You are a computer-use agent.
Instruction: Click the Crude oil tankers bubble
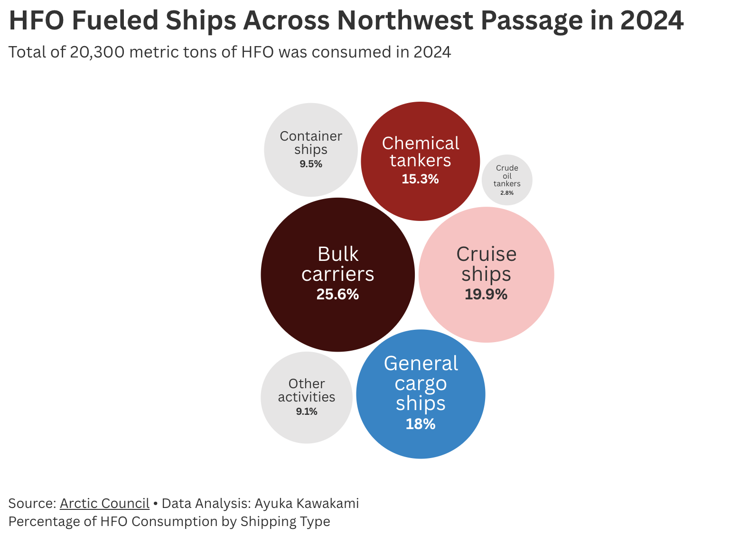pos(507,180)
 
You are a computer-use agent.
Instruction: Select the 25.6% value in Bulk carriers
pos(337,295)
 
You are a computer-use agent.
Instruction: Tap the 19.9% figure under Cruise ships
pos(486,295)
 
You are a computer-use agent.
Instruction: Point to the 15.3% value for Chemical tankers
pos(420,179)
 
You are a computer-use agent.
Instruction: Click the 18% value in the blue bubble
pos(421,424)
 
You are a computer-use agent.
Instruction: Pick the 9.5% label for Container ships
pos(311,164)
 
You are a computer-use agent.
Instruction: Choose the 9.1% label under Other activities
pos(307,412)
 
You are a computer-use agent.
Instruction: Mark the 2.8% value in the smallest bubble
pos(507,193)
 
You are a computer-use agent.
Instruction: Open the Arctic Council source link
pos(104,503)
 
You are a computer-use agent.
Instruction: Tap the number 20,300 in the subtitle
pos(97,52)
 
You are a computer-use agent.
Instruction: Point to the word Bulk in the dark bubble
pos(337,254)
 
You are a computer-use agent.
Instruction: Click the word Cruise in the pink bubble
pos(486,254)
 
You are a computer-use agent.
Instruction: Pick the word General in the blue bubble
pos(421,364)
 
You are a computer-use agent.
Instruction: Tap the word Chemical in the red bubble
pos(420,144)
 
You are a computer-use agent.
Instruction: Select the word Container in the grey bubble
pos(311,136)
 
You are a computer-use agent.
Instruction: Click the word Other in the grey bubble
pos(307,383)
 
